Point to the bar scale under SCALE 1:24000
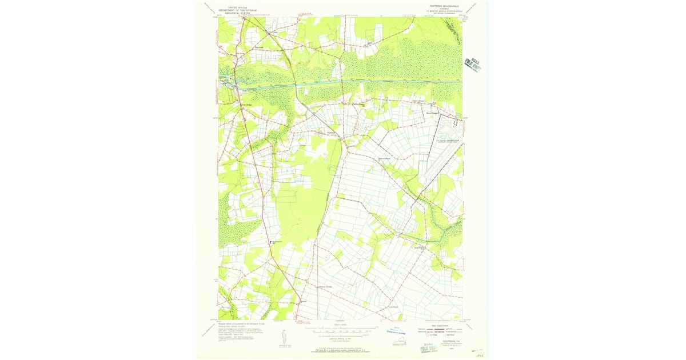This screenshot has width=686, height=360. tap(340, 330)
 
